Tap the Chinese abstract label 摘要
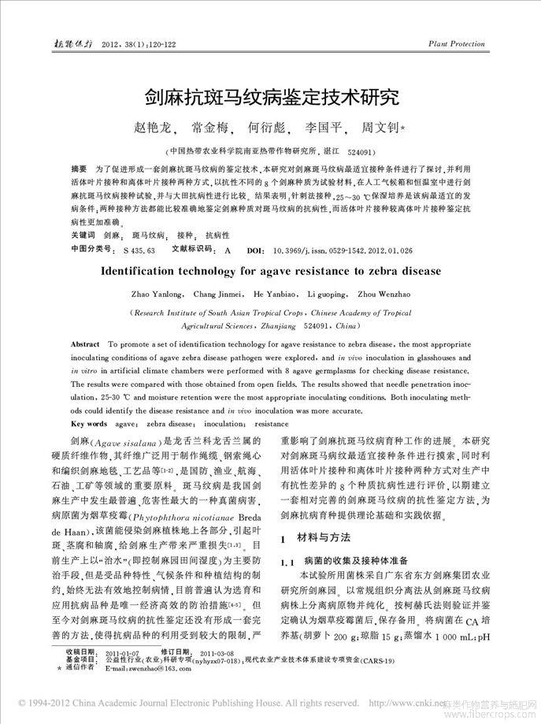tap(78, 169)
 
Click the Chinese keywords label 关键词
tap(83, 236)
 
